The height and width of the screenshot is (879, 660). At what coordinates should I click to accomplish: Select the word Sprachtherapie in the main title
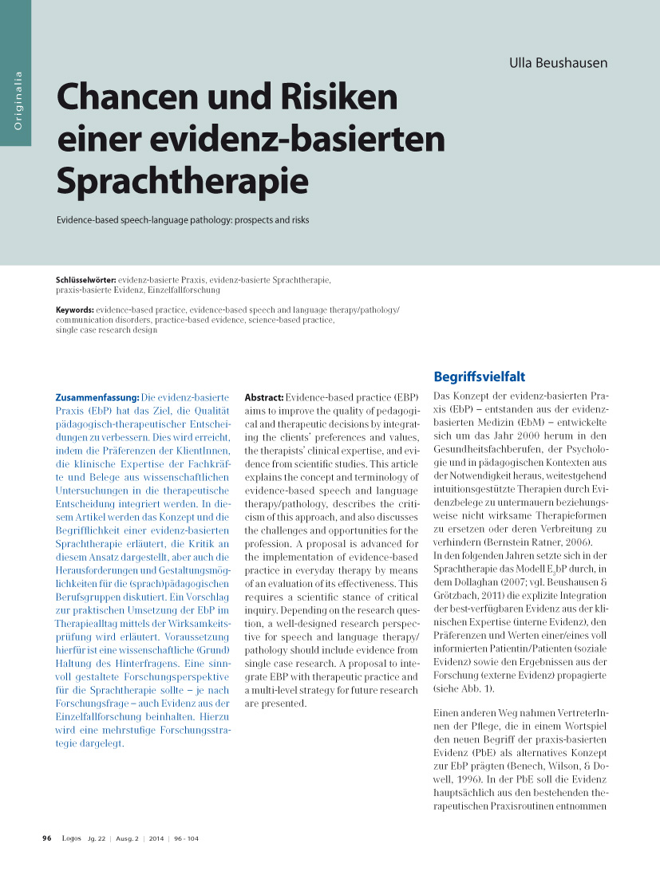182,181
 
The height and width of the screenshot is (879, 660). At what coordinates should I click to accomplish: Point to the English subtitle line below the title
182,219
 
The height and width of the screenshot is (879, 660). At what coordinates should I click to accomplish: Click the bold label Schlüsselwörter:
86,281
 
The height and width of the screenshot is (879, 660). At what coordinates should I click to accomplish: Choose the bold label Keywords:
75,309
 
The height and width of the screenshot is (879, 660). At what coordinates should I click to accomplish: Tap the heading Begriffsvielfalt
479,376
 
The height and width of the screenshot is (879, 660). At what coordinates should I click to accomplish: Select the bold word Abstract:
264,397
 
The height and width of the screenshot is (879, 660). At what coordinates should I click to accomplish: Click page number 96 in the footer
47,838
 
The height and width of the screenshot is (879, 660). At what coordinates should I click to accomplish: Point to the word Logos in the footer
71,838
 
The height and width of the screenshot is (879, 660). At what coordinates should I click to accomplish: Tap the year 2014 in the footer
156,838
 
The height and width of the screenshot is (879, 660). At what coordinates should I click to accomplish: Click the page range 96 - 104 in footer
187,838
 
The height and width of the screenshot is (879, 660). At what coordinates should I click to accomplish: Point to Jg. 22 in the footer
95,838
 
